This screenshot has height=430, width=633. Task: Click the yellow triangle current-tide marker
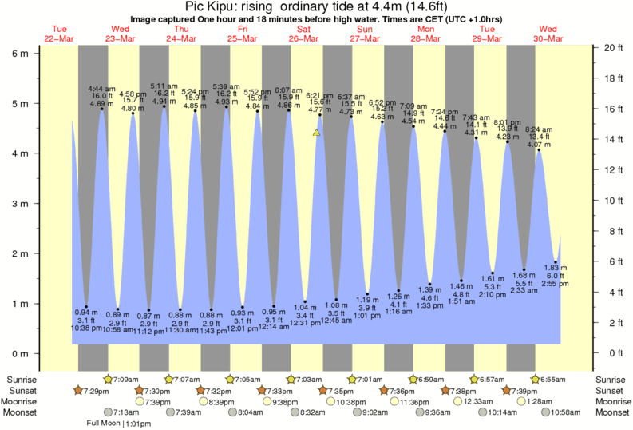[x=317, y=132]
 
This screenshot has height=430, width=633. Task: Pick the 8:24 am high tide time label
[x=539, y=130]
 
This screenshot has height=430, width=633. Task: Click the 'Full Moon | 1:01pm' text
[x=118, y=424]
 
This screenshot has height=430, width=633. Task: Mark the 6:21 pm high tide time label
[x=320, y=95]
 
